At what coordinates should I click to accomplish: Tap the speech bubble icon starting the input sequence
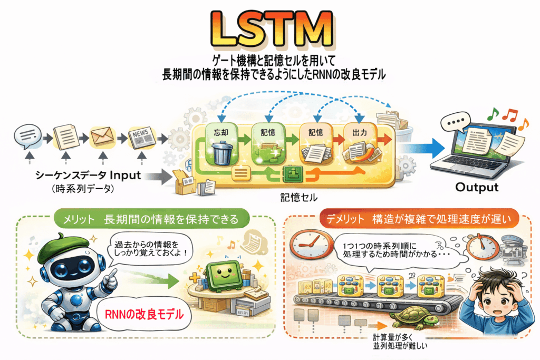tap(27, 137)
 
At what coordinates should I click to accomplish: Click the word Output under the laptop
tap(476, 188)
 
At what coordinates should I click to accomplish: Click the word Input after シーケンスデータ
tap(125, 174)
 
